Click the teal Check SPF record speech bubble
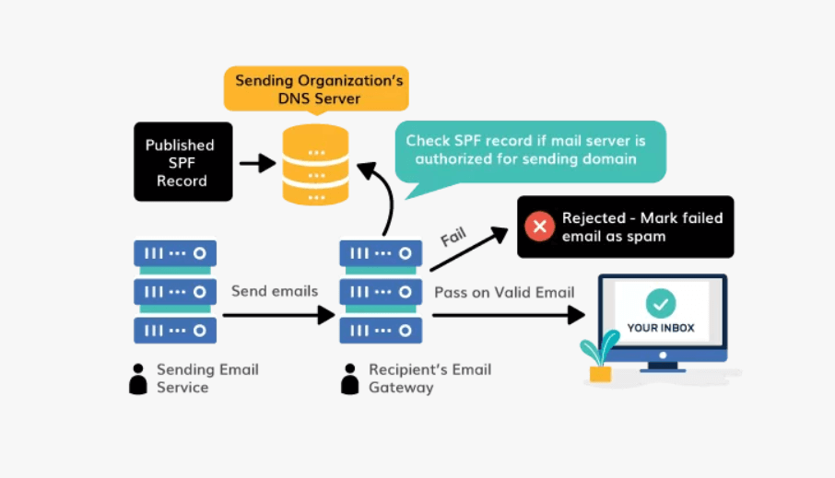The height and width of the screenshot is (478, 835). [x=525, y=150]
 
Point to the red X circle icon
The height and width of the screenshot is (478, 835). [x=537, y=227]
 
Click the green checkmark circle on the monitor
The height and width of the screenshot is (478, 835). [x=661, y=302]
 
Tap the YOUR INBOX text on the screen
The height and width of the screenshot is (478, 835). [x=661, y=328]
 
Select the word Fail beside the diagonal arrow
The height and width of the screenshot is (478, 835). [x=454, y=238]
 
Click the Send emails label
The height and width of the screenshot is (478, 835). [x=275, y=291]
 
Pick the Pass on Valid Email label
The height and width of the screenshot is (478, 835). [x=504, y=292]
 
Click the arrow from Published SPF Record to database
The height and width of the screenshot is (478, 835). [x=257, y=163]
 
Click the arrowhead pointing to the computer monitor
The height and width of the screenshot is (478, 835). [x=576, y=315]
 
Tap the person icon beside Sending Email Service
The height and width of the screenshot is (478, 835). [x=138, y=379]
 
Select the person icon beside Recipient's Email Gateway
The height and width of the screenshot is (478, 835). [x=350, y=379]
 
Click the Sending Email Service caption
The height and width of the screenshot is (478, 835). [x=207, y=379]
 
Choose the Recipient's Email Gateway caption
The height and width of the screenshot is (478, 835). [x=429, y=379]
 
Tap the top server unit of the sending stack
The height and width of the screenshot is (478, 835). [x=175, y=253]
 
